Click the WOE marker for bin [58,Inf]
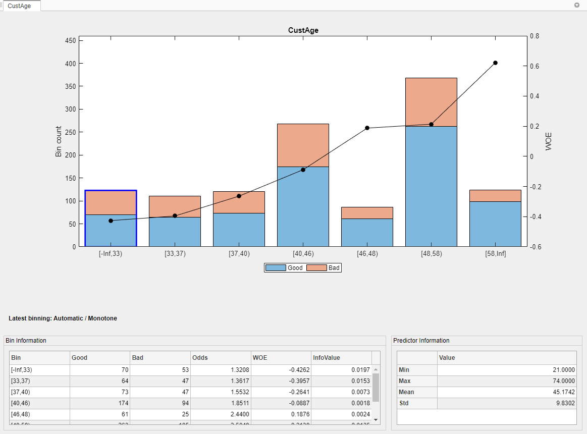(x=495, y=63)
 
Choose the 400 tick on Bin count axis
(x=70, y=64)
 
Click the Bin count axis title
(x=59, y=141)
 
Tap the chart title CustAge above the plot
(x=303, y=30)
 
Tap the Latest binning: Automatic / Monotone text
(x=63, y=318)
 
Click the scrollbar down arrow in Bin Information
(x=376, y=419)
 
